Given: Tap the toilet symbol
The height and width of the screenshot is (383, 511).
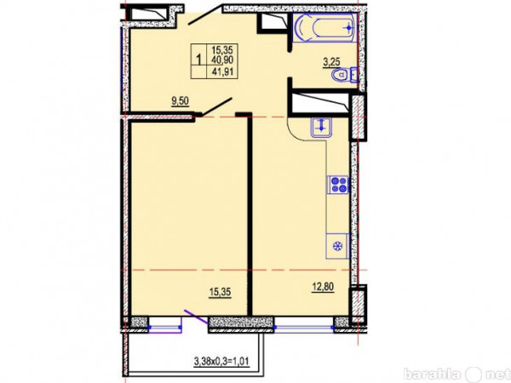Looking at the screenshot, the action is pyautogui.click(x=342, y=75).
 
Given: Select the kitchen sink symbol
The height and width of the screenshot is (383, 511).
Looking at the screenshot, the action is pyautogui.click(x=321, y=127).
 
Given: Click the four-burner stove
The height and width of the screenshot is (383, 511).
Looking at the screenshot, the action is pyautogui.click(x=338, y=184).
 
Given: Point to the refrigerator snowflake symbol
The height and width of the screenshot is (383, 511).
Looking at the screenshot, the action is pyautogui.click(x=338, y=247).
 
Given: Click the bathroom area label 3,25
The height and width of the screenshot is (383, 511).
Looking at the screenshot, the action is pyautogui.click(x=331, y=62).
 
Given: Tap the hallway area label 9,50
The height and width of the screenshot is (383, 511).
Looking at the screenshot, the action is pyautogui.click(x=181, y=101).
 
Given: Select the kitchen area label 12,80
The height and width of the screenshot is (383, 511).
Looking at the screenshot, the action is pyautogui.click(x=323, y=288).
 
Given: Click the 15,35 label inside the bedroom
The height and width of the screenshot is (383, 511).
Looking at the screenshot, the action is pyautogui.click(x=220, y=292).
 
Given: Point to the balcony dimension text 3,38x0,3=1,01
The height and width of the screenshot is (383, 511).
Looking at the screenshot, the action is pyautogui.click(x=221, y=361).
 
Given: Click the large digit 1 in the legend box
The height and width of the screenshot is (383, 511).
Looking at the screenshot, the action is pyautogui.click(x=198, y=60).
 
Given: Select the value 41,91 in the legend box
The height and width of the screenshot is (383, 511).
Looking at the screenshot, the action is pyautogui.click(x=222, y=71).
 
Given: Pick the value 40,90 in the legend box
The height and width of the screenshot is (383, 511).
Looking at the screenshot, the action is pyautogui.click(x=222, y=60).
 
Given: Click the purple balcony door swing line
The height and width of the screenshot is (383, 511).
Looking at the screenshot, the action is pyautogui.click(x=196, y=317).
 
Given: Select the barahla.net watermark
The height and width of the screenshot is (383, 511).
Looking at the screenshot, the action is pyautogui.click(x=456, y=374).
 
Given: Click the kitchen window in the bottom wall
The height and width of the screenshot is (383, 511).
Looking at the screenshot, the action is pyautogui.click(x=304, y=327).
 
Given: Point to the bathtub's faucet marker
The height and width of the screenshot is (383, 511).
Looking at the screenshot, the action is pyautogui.click(x=348, y=28).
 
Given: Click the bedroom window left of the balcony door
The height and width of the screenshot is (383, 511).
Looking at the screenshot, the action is pyautogui.click(x=165, y=327).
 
